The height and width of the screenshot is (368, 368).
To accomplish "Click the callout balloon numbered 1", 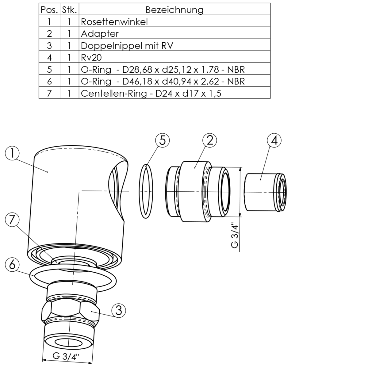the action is click(12, 153).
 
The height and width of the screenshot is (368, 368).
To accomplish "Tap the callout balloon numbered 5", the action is click(162, 140).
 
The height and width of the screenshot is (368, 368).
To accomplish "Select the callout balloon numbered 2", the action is click(210, 140).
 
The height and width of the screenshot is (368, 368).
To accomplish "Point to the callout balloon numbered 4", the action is click(274, 140).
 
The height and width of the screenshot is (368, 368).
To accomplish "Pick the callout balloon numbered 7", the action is click(12, 220).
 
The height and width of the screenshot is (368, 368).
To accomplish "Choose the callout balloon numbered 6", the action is click(12, 265).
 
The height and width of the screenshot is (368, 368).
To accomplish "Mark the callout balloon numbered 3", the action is click(119, 311).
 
